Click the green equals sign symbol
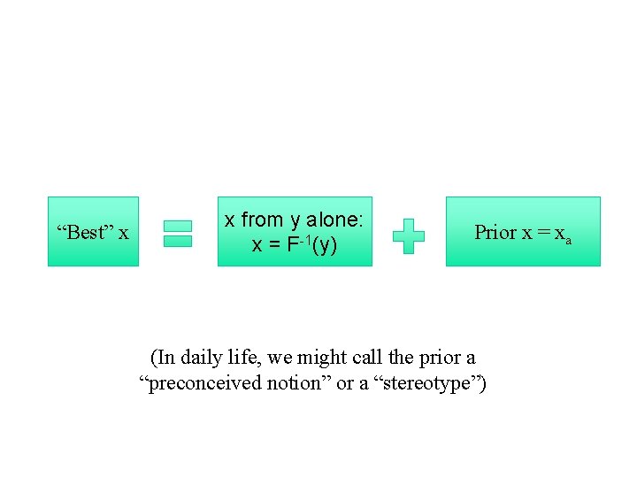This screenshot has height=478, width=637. point(178,233)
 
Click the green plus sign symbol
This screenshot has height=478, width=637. point(408,236)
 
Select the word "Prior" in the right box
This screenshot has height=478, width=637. point(495,232)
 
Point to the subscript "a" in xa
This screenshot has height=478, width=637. point(568,239)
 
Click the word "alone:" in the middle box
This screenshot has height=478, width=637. point(341,220)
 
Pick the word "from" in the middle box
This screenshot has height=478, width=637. point(261,220)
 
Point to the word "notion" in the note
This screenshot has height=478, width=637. point(303,383)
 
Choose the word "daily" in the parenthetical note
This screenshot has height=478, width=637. point(201,358)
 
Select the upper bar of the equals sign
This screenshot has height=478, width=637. point(178,226)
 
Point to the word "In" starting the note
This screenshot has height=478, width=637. point(165,358)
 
